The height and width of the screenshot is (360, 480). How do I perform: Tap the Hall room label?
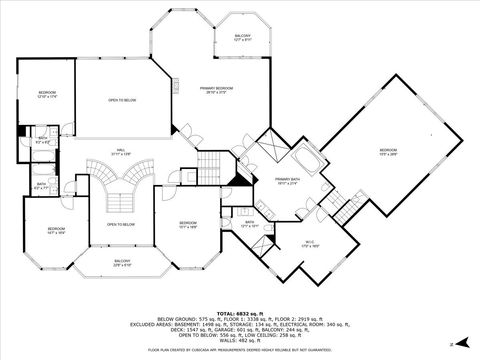(x=120, y=153)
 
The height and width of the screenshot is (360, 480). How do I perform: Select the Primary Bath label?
(x=288, y=181)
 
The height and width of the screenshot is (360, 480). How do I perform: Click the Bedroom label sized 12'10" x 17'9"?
(x=48, y=95)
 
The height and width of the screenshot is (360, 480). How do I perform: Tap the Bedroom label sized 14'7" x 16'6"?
(x=56, y=231)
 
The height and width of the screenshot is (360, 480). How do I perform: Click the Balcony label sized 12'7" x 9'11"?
(x=242, y=37)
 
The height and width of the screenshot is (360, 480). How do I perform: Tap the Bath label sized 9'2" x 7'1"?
(x=42, y=185)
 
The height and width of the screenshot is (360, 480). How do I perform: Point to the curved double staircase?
(x=121, y=180)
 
